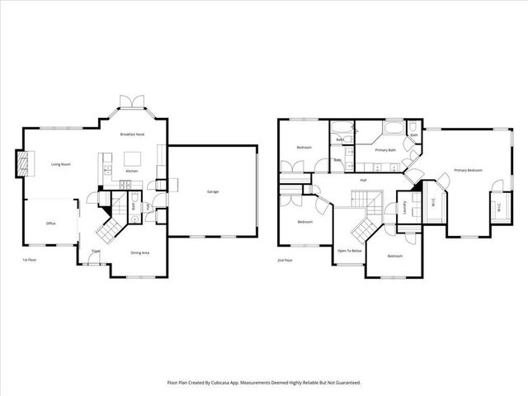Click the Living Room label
click(x=61, y=164)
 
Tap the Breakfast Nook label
click(x=132, y=134)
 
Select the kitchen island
click(x=132, y=158)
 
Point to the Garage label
click(x=213, y=192)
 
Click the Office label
click(x=50, y=224)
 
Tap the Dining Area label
click(x=139, y=252)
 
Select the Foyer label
click(x=96, y=251)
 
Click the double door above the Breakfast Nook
click(x=132, y=101)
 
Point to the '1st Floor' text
click(x=31, y=260)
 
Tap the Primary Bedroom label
click(x=467, y=171)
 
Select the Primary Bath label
click(x=386, y=150)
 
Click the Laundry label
click(x=405, y=207)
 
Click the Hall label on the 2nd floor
click(x=363, y=179)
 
